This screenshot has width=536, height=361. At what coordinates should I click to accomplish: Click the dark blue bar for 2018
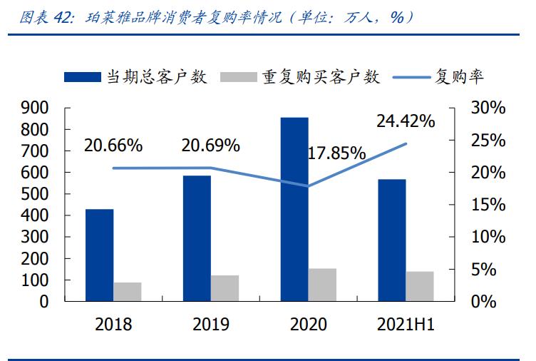point(99,255)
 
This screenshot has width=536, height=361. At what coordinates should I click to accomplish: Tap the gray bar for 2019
point(225,288)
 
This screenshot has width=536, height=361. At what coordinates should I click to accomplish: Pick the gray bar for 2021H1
point(420,286)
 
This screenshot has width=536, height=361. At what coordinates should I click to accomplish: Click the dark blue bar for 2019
point(197,238)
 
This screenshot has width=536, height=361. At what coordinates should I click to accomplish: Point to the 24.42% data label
point(406,121)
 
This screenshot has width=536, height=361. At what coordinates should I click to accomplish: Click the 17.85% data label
point(336,153)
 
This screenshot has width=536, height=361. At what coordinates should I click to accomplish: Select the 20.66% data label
point(113,146)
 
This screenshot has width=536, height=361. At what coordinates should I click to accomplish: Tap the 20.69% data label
point(210,146)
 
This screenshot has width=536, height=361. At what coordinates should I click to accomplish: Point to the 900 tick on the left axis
point(35,108)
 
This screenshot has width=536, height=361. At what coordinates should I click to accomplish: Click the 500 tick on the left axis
point(35,194)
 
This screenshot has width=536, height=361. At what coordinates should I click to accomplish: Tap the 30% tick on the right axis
point(489,108)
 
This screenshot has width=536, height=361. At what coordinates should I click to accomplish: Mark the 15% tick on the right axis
point(489,205)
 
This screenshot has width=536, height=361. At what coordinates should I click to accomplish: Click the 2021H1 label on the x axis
point(405,325)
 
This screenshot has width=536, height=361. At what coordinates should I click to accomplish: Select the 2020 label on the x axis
point(308,325)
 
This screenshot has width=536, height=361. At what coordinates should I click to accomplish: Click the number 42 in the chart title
point(63,17)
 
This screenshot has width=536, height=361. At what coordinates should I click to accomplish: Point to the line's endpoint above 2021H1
point(406,143)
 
